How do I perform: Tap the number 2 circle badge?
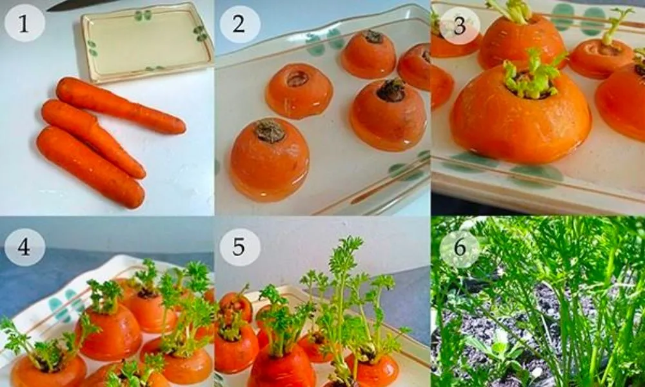click(239, 25)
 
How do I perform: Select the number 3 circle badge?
click(459, 25)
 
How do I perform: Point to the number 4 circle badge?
click(25, 247)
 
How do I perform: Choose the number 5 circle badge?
click(239, 247)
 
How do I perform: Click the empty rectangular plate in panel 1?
click(147, 42)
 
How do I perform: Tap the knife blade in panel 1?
click(74, 5)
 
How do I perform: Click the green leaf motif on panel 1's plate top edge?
click(143, 15)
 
